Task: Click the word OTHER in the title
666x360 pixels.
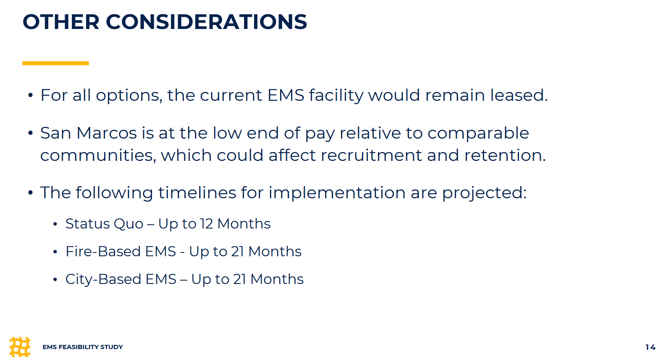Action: click(x=61, y=22)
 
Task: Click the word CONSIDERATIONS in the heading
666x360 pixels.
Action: click(x=206, y=22)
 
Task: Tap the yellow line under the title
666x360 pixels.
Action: click(x=55, y=63)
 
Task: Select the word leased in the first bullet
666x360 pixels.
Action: click(x=519, y=95)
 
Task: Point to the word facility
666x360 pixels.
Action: click(x=336, y=96)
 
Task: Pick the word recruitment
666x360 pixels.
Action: click(x=371, y=155)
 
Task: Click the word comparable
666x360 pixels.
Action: click(x=478, y=134)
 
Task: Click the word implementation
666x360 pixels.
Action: click(x=337, y=193)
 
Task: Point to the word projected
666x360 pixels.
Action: click(x=484, y=193)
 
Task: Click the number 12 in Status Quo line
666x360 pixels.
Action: click(x=206, y=224)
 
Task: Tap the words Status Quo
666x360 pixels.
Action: click(x=105, y=224)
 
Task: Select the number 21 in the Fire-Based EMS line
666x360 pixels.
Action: click(x=238, y=251)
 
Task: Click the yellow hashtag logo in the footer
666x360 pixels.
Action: click(x=20, y=347)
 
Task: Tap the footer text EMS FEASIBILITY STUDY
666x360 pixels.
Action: click(x=83, y=347)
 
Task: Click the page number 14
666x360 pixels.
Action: click(x=650, y=347)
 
